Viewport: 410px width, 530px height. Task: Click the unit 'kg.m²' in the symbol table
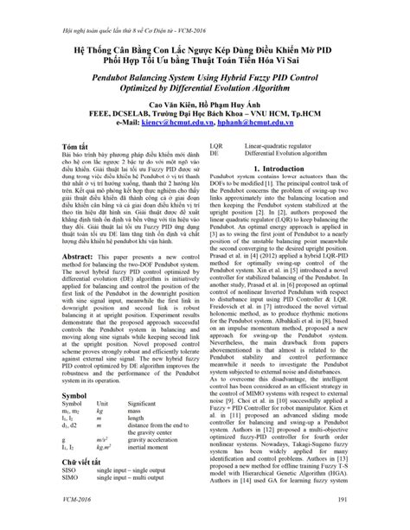(x=106, y=448)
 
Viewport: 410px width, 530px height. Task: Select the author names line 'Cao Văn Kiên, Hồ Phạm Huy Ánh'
(x=205, y=103)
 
